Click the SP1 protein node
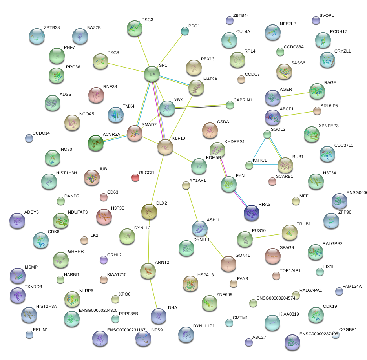click(152, 74)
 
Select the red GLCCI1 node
click(135, 177)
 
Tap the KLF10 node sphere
click(165, 147)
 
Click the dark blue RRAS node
click(252, 212)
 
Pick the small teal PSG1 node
click(184, 31)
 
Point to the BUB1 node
click(285, 165)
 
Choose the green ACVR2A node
click(95, 143)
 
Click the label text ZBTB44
click(241, 16)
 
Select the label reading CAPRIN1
click(243, 100)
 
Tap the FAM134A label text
click(352, 287)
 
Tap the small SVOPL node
click(316, 20)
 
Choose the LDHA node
click(159, 316)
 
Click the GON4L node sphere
click(228, 264)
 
